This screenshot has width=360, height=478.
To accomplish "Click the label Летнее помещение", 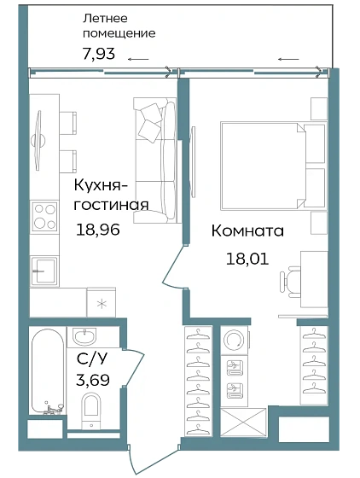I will (119, 26).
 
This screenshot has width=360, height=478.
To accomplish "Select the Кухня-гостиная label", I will (111, 195).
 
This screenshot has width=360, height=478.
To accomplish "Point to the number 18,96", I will (99, 229).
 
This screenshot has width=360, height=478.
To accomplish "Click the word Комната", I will (247, 231).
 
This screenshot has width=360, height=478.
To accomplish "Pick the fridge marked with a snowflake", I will (102, 303).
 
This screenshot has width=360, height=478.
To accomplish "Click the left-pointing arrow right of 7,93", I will (138, 58).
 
